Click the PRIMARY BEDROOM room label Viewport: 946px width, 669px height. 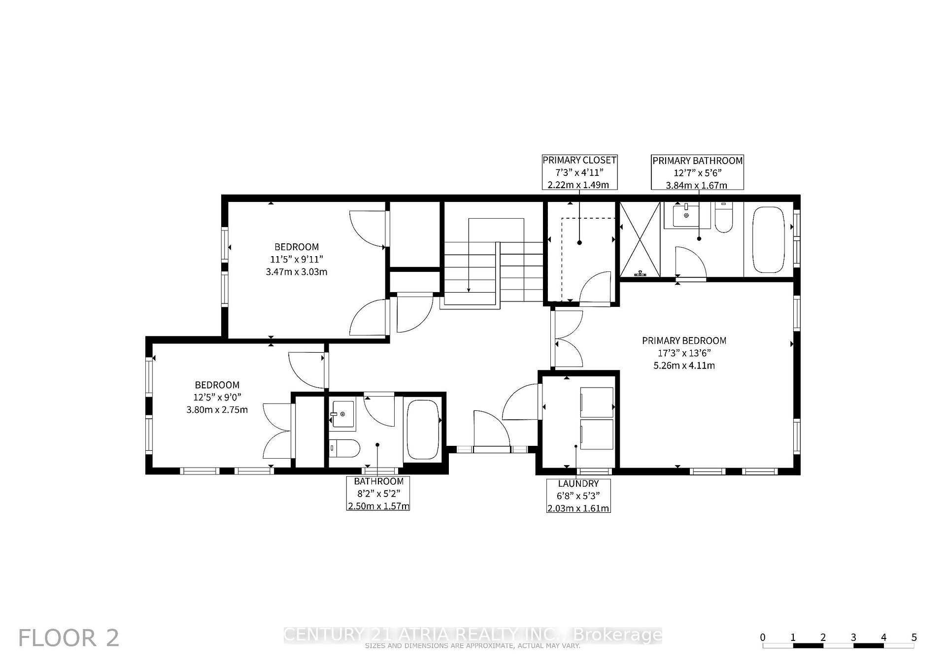684,340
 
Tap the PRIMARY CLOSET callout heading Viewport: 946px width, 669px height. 579,160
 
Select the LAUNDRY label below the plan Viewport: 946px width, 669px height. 578,484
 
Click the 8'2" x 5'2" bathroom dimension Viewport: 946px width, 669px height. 378,494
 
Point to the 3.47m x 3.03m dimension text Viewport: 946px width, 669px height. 297,272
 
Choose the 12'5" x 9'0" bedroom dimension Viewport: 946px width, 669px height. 217,397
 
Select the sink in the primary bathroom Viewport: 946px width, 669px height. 687,215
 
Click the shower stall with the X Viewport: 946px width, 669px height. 640,239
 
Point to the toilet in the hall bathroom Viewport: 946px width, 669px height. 344,449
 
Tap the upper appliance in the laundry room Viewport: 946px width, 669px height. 597,402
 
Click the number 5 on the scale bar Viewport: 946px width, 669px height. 914,637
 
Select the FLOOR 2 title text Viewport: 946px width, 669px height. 69,638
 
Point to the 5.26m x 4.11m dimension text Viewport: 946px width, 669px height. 684,366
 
